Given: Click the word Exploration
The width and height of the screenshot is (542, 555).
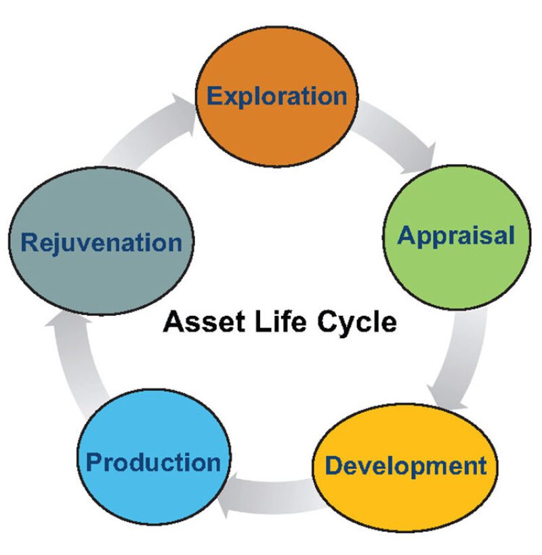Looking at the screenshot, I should pyautogui.click(x=276, y=96).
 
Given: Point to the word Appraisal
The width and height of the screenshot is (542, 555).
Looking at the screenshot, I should pyautogui.click(x=456, y=236).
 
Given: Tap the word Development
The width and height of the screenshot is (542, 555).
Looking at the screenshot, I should pyautogui.click(x=405, y=466).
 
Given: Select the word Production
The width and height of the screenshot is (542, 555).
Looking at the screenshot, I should pyautogui.click(x=154, y=463).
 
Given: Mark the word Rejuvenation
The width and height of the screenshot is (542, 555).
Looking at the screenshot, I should pyautogui.click(x=102, y=243).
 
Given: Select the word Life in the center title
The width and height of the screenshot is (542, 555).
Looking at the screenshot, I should pyautogui.click(x=276, y=321).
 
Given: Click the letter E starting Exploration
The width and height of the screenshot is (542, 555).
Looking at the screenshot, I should pyautogui.click(x=215, y=96).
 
